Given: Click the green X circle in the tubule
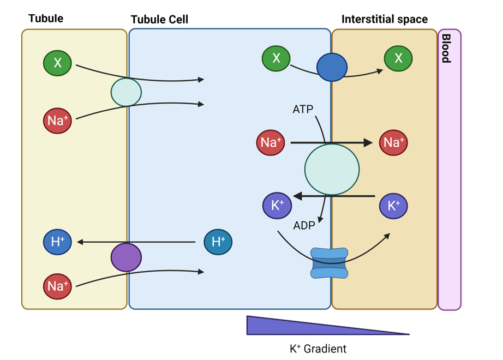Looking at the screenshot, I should pos(57,63).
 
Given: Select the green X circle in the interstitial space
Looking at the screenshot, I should pos(398,58).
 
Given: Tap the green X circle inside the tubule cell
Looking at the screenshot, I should pos(276,58).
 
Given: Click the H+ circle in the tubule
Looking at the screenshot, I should pos(57,242).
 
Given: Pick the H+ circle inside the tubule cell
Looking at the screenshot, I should pos(218,242).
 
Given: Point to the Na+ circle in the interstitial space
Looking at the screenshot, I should pos(393,142).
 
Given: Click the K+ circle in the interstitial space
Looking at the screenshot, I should pos(393,206).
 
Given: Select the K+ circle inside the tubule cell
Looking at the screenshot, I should pos(277,206).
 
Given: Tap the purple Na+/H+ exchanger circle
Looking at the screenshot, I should pos(126,257).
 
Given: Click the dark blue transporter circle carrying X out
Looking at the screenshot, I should pos(332,67).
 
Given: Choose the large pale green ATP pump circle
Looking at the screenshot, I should pos(332,169).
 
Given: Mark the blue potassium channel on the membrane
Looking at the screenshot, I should pos(329,263).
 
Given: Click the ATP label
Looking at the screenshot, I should pos(303,109).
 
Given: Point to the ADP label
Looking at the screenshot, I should pos(304,225).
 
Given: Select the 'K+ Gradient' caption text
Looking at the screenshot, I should pos(318,349).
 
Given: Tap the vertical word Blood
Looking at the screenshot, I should pos(446,49).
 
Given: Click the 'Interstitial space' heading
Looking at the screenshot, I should pos(385,20).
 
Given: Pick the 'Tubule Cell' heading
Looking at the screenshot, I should pos(159,20).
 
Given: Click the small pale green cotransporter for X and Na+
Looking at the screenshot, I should pos(126,92).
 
